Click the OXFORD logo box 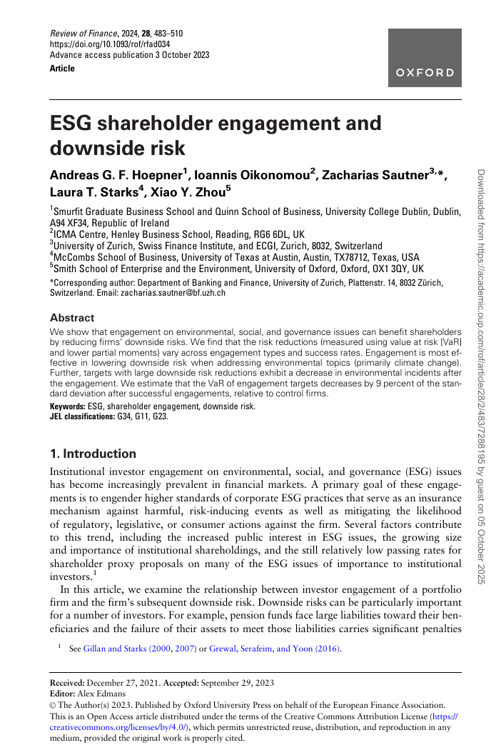point(424,59)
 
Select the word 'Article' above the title point(62,69)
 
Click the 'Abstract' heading point(71,317)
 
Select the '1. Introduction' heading point(93,454)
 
